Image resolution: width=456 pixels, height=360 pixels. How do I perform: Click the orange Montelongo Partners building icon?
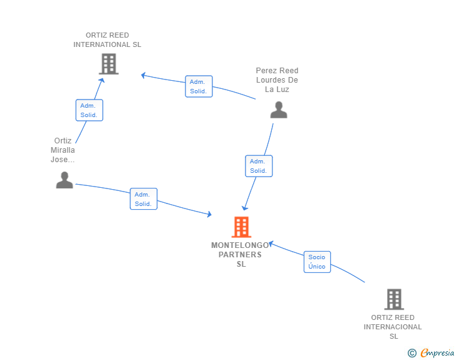(241, 227)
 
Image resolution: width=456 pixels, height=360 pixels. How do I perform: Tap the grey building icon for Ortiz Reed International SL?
(109, 64)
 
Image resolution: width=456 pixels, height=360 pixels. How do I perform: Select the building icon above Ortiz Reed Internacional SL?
(394, 299)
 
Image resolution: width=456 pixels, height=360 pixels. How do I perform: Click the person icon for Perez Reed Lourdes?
(279, 110)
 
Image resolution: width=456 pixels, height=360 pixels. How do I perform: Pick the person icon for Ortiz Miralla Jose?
(65, 180)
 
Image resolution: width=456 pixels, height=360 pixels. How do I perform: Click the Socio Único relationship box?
(317, 262)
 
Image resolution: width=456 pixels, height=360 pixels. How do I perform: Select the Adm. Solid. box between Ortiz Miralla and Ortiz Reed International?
(90, 110)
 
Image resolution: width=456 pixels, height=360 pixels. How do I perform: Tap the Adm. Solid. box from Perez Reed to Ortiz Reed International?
(199, 86)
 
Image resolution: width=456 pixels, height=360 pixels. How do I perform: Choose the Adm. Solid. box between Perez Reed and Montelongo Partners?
(259, 166)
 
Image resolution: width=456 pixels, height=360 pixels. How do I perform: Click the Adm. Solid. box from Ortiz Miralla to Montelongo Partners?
(143, 199)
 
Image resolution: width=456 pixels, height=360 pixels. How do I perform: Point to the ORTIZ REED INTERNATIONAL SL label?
(107, 40)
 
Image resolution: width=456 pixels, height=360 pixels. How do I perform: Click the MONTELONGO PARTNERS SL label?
(241, 254)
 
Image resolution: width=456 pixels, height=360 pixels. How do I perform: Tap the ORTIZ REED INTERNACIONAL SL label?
(393, 327)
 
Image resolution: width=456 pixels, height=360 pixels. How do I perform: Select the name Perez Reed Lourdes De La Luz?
(277, 80)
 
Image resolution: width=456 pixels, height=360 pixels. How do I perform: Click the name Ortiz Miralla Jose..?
(63, 150)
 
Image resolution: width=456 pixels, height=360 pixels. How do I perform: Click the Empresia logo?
(437, 352)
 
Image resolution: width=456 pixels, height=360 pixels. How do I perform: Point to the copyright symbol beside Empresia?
(412, 353)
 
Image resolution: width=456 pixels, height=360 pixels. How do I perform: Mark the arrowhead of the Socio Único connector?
(271, 243)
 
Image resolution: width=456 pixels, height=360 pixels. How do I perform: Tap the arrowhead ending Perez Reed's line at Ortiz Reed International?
(143, 75)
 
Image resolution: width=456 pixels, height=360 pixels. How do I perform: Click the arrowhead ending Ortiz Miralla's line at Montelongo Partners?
(209, 214)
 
